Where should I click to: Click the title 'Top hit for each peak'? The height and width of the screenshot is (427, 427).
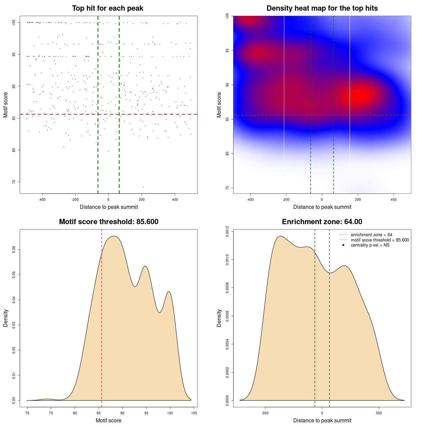pos(107,8)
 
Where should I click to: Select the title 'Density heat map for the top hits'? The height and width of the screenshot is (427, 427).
pos(322,8)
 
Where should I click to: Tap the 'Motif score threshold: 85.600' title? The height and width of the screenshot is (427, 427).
pos(108,222)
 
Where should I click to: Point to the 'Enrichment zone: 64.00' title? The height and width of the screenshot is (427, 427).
pos(322,222)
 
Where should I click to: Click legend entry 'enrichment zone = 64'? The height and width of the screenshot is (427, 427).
pos(371,235)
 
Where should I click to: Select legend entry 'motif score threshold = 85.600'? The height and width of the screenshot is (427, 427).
pos(380,240)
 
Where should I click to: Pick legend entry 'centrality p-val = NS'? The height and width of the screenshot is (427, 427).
pos(370,245)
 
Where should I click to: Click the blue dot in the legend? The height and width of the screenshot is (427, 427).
pos(343,245)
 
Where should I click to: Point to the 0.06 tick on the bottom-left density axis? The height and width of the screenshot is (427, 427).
pos(14,250)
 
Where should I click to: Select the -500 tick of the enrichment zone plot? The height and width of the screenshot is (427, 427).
pos(265,413)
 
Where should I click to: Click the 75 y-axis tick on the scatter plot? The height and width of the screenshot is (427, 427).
pos(14,182)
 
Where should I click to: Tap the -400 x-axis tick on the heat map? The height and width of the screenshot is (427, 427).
pos(250,199)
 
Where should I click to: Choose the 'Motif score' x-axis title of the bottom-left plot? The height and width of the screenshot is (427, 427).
pos(108,420)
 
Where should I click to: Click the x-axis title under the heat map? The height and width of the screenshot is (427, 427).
pos(322,207)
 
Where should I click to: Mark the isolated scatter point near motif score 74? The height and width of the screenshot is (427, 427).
pos(143,187)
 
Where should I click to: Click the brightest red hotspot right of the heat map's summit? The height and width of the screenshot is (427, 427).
pos(359,95)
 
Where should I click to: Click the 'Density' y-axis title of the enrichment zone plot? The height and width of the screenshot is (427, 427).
pos(219,318)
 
